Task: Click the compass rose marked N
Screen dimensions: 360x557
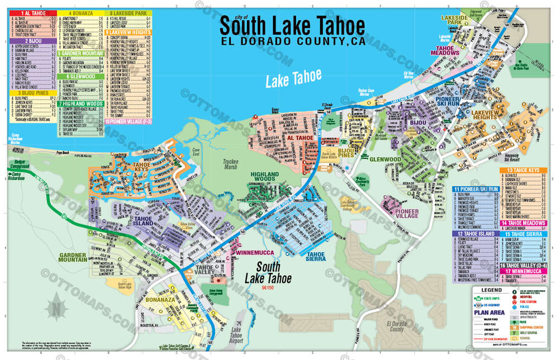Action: tap(56, 307)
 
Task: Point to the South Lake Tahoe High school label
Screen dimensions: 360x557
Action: tap(128, 284)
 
